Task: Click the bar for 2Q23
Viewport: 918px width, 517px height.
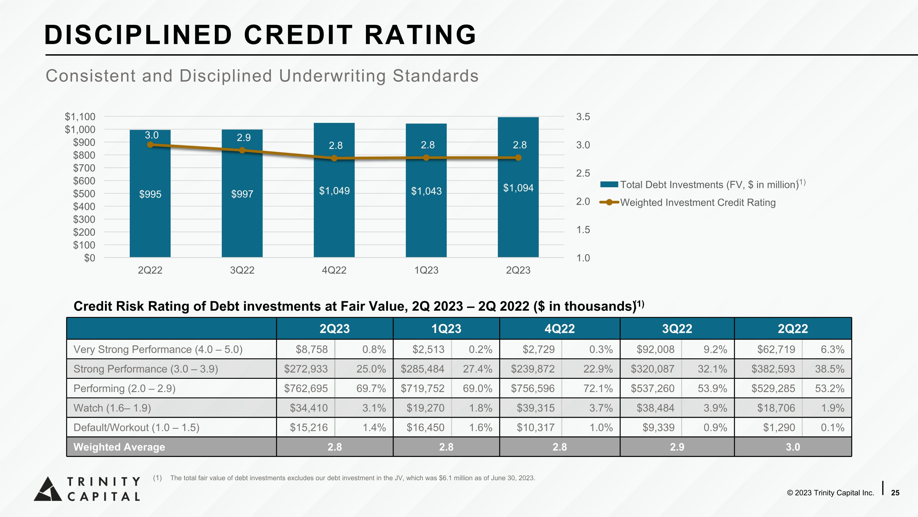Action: [518, 187]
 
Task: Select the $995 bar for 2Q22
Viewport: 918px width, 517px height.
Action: [150, 193]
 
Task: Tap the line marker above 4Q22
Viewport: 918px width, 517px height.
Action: [334, 158]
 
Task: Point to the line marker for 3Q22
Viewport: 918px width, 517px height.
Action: [242, 150]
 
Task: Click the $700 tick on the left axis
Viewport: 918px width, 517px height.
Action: [84, 168]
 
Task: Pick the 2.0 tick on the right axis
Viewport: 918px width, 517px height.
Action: [583, 202]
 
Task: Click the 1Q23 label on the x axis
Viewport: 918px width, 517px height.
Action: [426, 270]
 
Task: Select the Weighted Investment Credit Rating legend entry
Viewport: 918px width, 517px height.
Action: [688, 202]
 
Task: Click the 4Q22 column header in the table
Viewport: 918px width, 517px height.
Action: [559, 329]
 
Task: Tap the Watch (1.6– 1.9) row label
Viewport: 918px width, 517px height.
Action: [112, 408]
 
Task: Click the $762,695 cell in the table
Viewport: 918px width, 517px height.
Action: [306, 388]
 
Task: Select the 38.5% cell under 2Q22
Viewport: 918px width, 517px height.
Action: [830, 369]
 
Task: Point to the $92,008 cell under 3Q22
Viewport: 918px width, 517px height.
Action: [655, 349]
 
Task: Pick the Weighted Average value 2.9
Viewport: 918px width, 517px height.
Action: [677, 447]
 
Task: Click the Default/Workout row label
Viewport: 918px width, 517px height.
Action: [136, 428]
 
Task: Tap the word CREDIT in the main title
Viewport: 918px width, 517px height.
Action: [298, 35]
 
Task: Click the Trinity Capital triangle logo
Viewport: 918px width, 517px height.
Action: [48, 489]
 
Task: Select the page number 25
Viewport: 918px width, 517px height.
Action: [895, 493]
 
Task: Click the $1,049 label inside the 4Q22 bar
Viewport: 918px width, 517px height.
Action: [334, 191]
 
